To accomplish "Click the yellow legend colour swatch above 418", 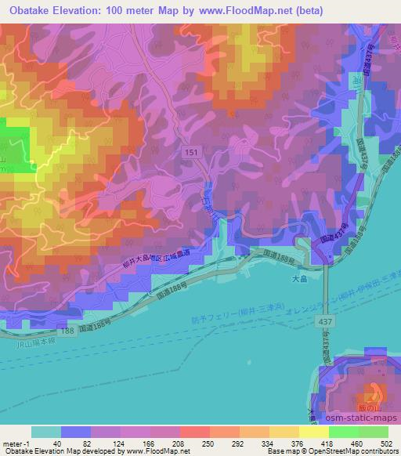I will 313,432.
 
